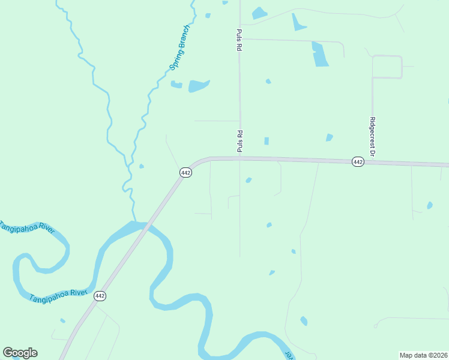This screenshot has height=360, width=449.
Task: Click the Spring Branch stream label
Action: pyautogui.click(x=180, y=47)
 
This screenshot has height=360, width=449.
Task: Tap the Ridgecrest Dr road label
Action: pyautogui.click(x=372, y=136)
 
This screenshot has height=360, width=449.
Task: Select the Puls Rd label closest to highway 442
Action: pyautogui.click(x=239, y=141)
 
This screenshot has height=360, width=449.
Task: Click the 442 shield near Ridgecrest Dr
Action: pyautogui.click(x=358, y=162)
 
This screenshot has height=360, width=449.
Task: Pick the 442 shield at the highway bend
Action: pyautogui.click(x=185, y=172)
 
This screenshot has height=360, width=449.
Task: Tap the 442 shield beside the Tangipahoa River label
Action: pyautogui.click(x=100, y=296)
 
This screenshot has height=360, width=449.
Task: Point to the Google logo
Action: pyautogui.click(x=20, y=353)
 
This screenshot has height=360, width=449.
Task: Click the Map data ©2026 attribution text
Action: pyautogui.click(x=423, y=355)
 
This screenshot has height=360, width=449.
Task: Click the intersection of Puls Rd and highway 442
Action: pyautogui.click(x=240, y=158)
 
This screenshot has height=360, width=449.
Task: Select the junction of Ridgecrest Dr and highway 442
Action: pyautogui.click(x=372, y=161)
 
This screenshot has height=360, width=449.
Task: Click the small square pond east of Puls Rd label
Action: pyautogui.click(x=266, y=141)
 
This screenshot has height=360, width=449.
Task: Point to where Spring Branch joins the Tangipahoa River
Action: pyautogui.click(x=134, y=221)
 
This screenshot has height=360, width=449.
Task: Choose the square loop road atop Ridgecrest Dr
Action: pyautogui.click(x=387, y=67)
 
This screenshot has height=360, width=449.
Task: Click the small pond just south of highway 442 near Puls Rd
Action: pyautogui.click(x=249, y=180)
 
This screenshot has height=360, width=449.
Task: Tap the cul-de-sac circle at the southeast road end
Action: pyautogui.click(x=375, y=326)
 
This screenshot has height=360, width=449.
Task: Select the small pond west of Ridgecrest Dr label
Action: pyautogui.click(x=329, y=137)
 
